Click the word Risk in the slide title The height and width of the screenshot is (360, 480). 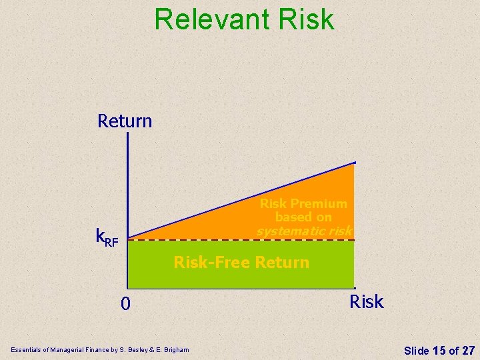[307, 19]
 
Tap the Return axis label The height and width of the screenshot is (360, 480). [125, 121]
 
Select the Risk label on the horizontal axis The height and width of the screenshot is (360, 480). [367, 302]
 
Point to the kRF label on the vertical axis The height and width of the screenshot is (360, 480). [107, 237]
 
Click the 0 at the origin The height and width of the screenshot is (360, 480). [125, 304]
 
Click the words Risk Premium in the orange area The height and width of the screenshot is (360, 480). [303, 203]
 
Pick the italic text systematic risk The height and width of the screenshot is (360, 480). [304, 231]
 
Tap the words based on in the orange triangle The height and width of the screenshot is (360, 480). [303, 217]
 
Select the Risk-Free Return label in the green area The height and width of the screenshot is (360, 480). [241, 263]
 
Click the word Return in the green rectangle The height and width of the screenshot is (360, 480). [280, 263]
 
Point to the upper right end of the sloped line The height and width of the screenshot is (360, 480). [355, 163]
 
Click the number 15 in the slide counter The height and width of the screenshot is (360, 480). [439, 350]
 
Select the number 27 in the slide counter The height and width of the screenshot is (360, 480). [467, 350]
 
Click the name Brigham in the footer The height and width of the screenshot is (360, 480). [175, 350]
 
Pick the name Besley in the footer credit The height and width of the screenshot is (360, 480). [139, 350]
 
